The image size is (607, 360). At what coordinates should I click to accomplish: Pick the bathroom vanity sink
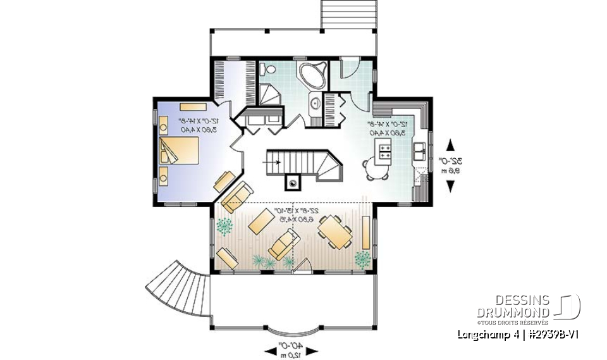click(x=314, y=102)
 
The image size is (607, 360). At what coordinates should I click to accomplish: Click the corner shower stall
click(x=268, y=96)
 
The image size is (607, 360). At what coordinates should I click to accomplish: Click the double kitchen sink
click(x=419, y=151)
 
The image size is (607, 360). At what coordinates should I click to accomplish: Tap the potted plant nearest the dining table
click(x=362, y=258)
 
